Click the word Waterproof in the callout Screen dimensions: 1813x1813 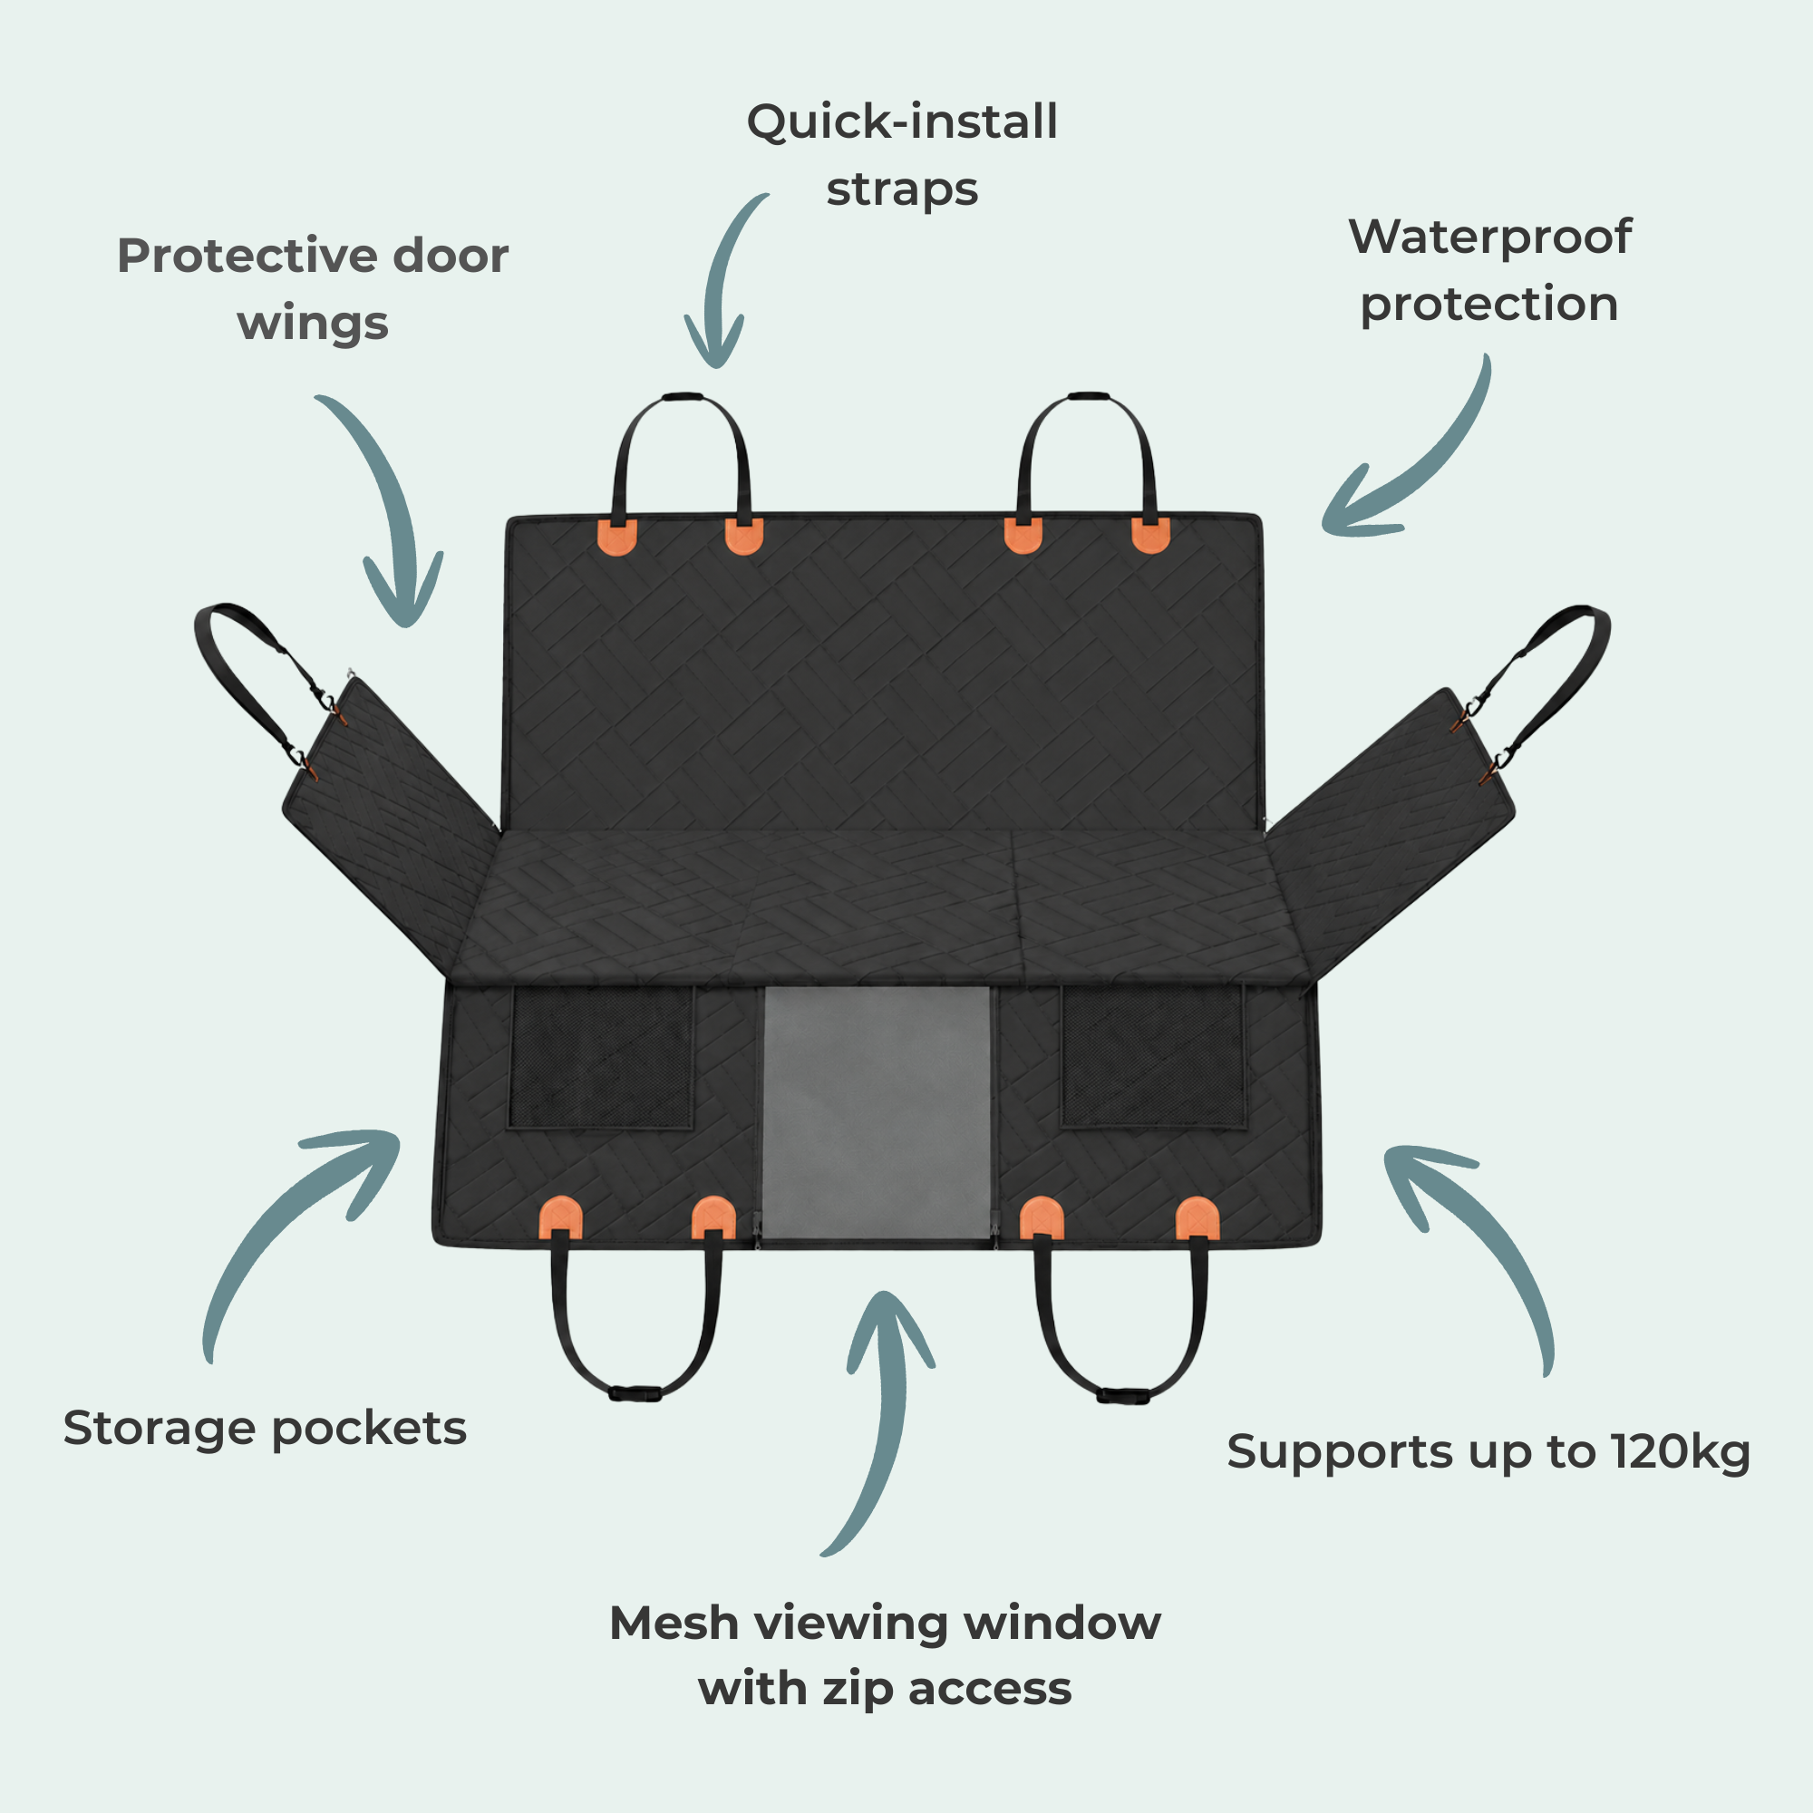(1490, 238)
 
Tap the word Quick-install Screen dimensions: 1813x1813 (902, 122)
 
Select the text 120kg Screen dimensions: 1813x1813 (1681, 1451)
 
